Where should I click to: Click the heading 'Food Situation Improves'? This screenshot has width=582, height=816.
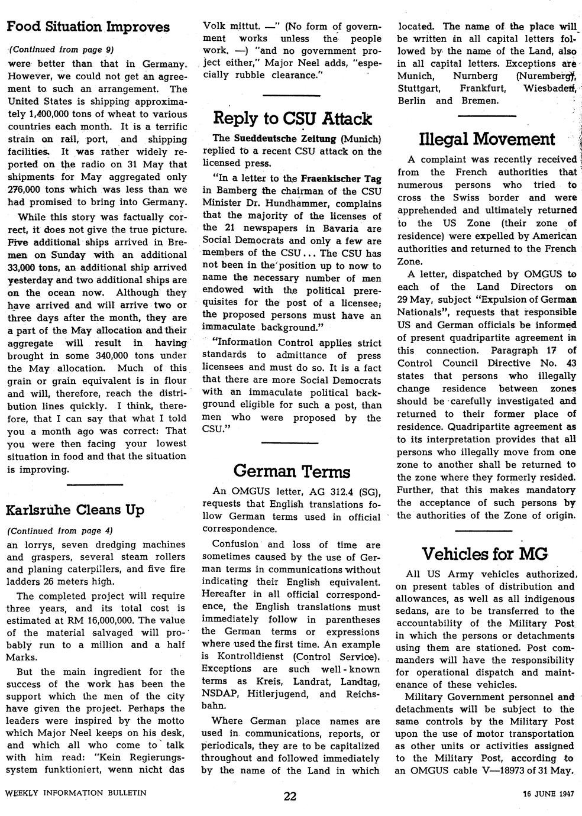click(88, 27)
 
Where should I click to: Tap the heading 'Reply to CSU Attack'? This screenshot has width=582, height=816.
click(292, 118)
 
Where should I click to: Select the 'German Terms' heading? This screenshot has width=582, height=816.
click(292, 471)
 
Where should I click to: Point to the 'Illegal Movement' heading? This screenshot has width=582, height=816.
click(487, 139)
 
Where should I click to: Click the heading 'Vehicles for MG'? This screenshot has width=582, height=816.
click(484, 554)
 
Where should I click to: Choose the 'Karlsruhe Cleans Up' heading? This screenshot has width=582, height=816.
click(75, 510)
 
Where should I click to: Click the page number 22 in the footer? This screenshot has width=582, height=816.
click(290, 796)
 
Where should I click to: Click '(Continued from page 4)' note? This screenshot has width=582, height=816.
click(59, 530)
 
